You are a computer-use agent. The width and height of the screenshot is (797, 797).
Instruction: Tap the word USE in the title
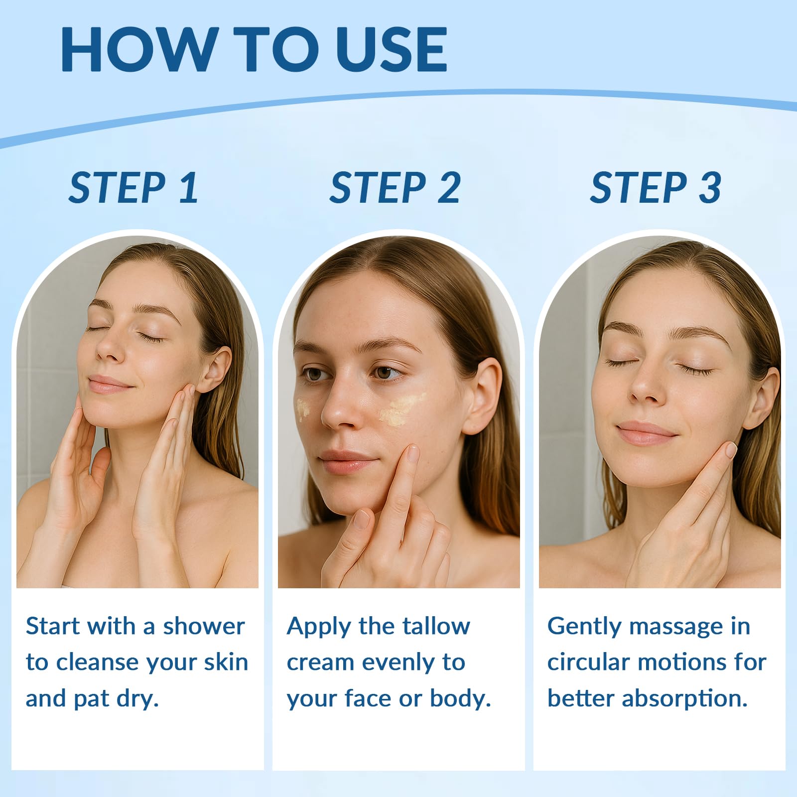coord(392,49)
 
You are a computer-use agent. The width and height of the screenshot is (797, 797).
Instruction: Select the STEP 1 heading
coord(133,188)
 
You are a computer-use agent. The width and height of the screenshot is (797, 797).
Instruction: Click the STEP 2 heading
coord(395,188)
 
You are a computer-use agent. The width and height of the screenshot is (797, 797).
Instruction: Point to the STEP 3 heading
coord(656,188)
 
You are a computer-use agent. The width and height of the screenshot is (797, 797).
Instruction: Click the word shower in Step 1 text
coord(204,626)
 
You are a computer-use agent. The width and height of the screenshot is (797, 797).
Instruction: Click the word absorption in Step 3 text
coord(685,699)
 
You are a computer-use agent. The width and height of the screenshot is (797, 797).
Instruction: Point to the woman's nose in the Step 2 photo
coord(339,403)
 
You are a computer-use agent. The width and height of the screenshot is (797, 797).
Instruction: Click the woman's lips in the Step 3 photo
coord(646,432)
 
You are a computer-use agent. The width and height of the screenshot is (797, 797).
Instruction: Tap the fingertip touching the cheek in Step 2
coord(412,453)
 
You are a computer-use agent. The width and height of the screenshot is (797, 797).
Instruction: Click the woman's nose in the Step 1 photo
coord(111,344)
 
